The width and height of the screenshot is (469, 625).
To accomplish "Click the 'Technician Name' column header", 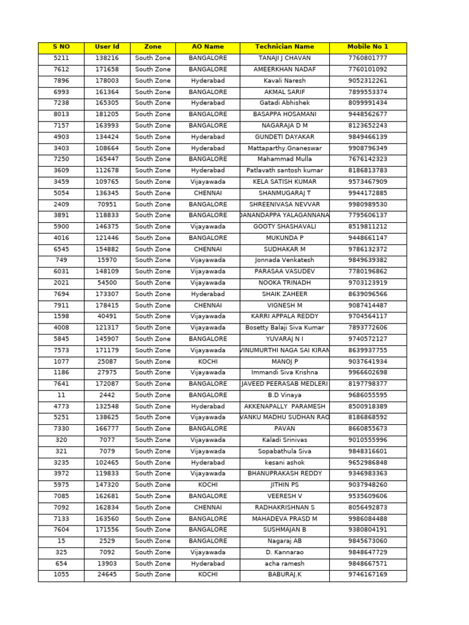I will (284, 46).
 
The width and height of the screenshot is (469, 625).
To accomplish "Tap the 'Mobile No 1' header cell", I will (367, 46).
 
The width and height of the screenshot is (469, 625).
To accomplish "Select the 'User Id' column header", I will (107, 46).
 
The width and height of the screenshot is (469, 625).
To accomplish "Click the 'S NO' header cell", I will (61, 46).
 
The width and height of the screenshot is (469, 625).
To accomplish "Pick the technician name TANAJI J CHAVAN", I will (284, 58).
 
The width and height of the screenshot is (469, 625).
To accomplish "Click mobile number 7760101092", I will (367, 70).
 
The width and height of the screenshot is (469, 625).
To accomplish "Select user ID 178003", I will (107, 81).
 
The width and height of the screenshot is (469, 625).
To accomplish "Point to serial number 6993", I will (61, 92).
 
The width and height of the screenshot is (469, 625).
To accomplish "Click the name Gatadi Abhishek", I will (284, 103).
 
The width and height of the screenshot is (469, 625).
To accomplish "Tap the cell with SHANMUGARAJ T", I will (284, 193).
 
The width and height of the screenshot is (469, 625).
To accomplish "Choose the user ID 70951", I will (107, 204).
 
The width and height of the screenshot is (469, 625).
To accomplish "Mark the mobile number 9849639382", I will (367, 260).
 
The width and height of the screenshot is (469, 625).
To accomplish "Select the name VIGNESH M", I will (284, 305).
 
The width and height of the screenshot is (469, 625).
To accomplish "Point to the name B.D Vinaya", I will (284, 395).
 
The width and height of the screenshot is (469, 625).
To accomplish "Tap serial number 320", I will (61, 440).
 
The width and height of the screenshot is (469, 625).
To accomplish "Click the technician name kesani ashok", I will (284, 463).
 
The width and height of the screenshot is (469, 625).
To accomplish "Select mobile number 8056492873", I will (367, 507).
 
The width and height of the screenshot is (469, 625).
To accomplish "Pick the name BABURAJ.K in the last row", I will (284, 574).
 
